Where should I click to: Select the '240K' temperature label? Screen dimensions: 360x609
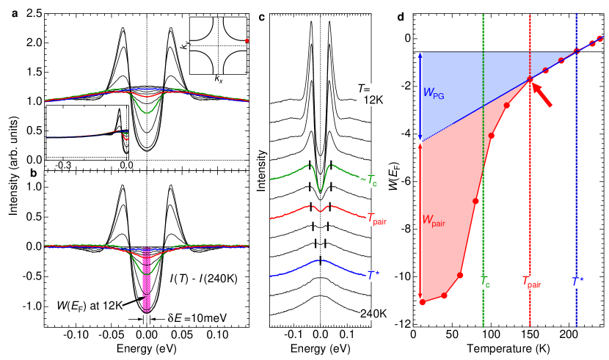373,314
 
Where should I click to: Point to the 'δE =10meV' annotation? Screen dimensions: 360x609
197,319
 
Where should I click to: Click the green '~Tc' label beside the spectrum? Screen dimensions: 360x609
368,180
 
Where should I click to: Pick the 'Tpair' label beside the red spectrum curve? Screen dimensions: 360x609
376,218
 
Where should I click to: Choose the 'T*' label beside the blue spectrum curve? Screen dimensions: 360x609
373,276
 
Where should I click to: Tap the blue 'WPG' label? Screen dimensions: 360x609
434,93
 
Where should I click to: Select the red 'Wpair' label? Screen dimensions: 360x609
434,219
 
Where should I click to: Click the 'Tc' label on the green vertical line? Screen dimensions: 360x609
484,282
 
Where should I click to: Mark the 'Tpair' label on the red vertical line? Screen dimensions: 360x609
530,282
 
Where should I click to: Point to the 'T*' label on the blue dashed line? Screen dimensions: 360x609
577,282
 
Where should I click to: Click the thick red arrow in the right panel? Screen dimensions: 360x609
541,95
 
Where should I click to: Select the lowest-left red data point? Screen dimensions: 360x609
422,302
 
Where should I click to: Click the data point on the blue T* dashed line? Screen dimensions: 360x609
577,51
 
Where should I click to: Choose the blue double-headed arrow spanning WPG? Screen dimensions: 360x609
420,96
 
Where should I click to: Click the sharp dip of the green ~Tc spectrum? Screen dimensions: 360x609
321,189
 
